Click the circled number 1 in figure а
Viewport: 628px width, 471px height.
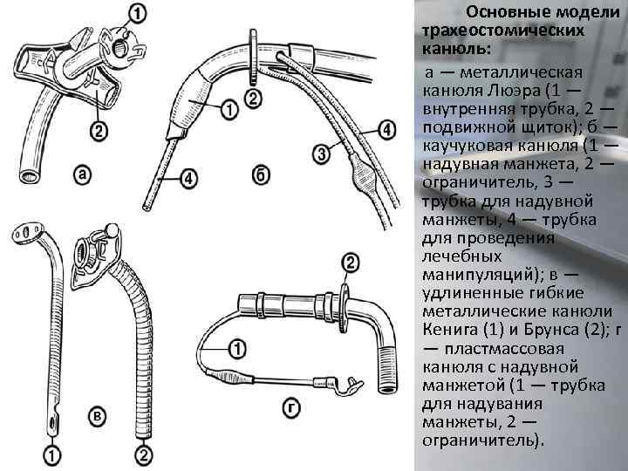(x=139, y=13)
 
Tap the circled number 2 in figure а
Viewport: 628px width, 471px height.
(x=99, y=131)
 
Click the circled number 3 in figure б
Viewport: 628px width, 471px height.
(x=322, y=154)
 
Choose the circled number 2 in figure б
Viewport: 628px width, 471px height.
(x=253, y=98)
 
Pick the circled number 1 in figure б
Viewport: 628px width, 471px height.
(x=227, y=109)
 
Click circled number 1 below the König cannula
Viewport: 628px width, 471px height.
(x=53, y=454)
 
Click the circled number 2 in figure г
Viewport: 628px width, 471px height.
(x=351, y=263)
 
